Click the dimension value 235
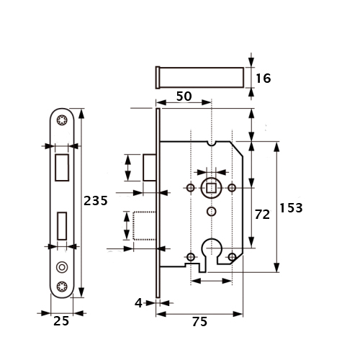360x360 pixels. (96, 201)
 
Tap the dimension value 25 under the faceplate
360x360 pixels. (61, 321)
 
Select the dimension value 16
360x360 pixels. (264, 78)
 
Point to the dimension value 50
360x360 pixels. (184, 96)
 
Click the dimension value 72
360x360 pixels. (262, 215)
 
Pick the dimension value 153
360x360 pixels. (291, 208)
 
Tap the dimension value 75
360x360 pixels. (199, 322)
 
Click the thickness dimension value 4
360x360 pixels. (138, 303)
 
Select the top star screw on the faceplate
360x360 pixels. (62, 120)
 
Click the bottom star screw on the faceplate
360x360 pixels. (62, 287)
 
